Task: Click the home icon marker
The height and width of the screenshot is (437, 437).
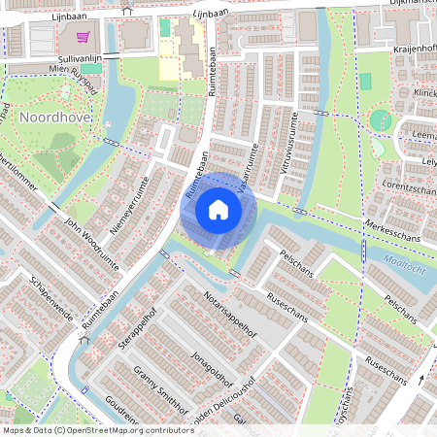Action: (218, 210)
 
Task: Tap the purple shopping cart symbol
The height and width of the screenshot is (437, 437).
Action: (83, 37)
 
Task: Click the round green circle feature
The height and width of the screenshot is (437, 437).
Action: (381, 120)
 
